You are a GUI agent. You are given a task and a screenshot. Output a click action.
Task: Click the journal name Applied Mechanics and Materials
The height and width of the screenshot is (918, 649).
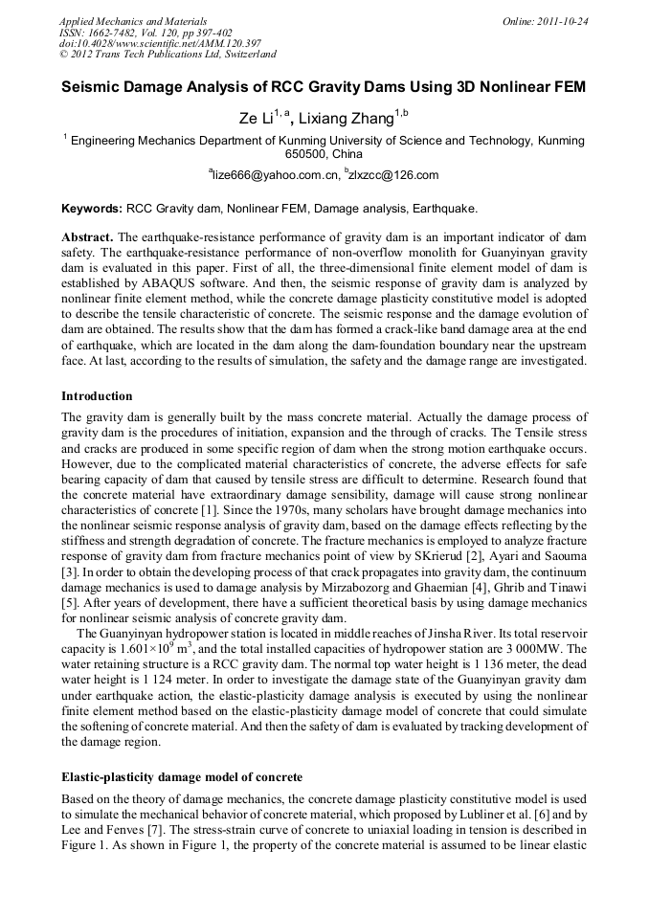[x=133, y=20]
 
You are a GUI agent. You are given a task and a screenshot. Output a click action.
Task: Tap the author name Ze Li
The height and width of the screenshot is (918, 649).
[x=255, y=119]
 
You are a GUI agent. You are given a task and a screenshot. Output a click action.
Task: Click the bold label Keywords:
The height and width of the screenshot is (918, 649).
[x=92, y=208]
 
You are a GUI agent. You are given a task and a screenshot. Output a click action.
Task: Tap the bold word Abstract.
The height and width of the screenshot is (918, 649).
[x=87, y=236]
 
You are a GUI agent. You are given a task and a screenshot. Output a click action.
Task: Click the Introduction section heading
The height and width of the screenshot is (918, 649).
[x=97, y=395]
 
